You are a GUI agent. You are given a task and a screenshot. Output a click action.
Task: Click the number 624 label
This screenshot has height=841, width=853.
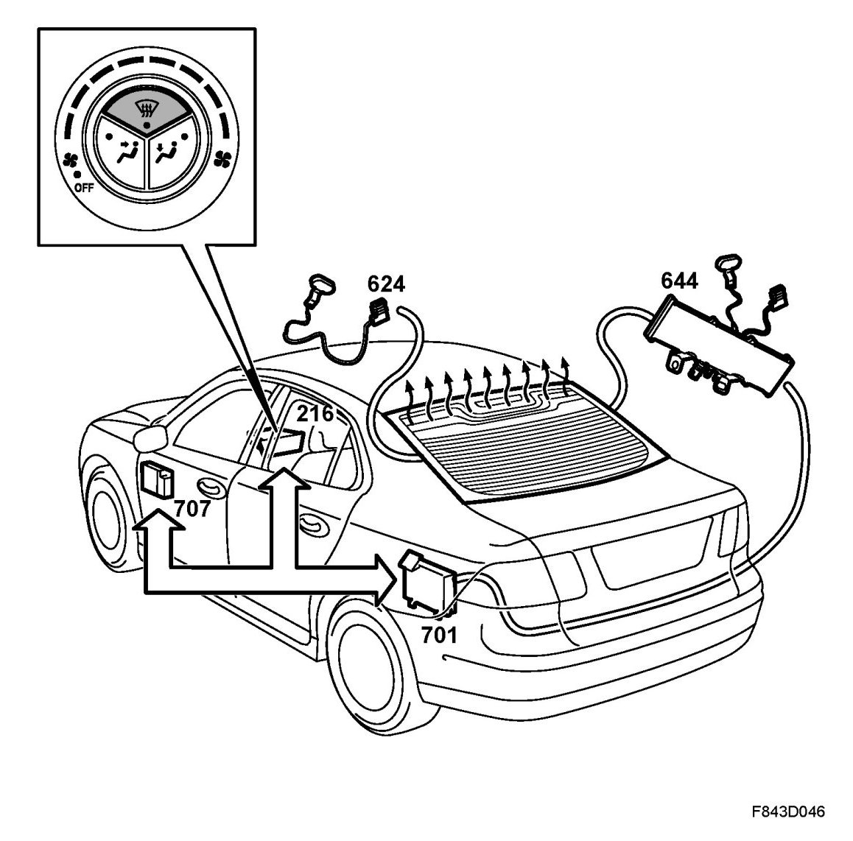coord(386,284)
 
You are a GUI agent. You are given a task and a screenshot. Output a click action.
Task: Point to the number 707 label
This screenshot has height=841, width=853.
coord(192,507)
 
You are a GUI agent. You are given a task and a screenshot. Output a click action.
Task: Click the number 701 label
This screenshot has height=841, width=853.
coord(439,633)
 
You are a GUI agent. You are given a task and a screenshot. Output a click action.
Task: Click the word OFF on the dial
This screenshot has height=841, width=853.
coord(83,187)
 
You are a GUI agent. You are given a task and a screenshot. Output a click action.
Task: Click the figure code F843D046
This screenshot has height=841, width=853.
coord(787,812)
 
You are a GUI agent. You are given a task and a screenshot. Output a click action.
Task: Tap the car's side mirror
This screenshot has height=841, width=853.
coord(149,438)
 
